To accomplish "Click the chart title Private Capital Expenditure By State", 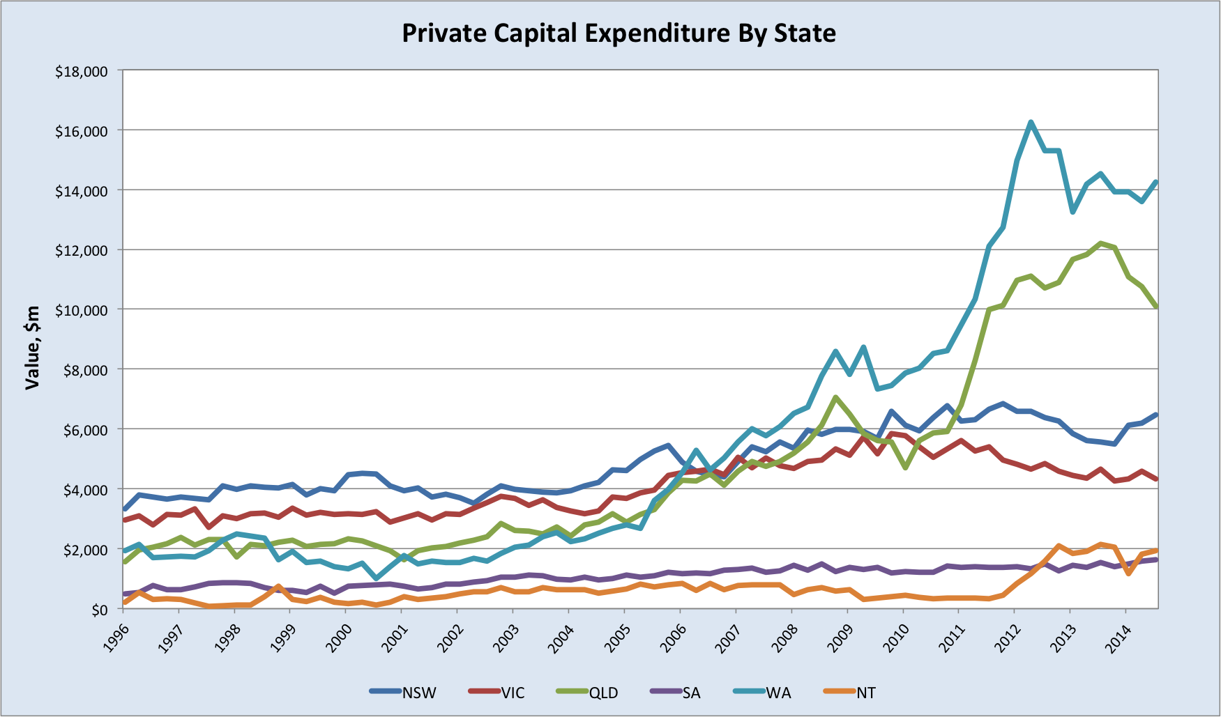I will (x=619, y=33).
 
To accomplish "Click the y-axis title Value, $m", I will (x=32, y=347).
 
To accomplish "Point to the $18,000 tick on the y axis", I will (x=82, y=71).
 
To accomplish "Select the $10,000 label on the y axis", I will (x=82, y=310).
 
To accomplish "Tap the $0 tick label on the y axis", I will (x=99, y=610).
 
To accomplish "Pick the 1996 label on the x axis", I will (x=117, y=636).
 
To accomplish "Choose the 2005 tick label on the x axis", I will (x=618, y=636).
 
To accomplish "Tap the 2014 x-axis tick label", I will (x=1119, y=636).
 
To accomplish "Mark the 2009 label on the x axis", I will (x=841, y=636).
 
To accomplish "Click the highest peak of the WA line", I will (x=1031, y=123).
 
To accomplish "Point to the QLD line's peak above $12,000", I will (x=1100, y=243).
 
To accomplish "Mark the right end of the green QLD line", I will (x=1157, y=307).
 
